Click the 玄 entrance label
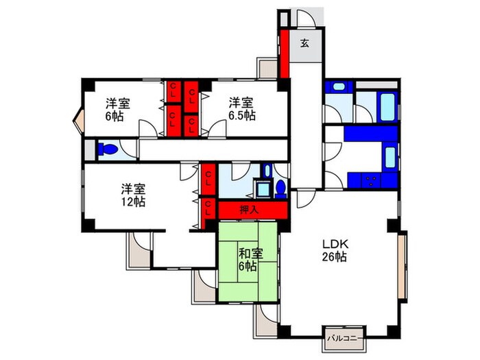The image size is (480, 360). (x=304, y=43)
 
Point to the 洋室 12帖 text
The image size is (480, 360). (x=134, y=195)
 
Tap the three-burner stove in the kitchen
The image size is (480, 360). (x=371, y=180)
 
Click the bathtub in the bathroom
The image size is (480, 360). (x=386, y=106)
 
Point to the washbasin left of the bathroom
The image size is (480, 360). (x=337, y=88)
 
